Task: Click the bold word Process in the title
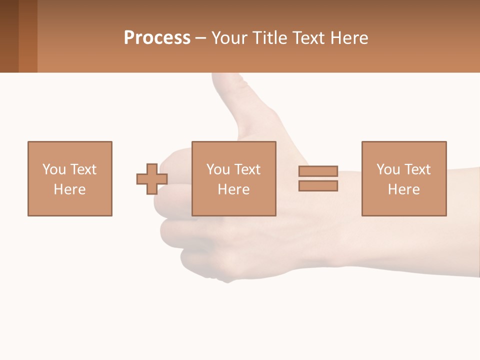[157, 38]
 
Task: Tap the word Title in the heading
[270, 38]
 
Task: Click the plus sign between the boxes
[152, 179]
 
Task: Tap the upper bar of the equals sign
[318, 171]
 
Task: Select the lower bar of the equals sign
[318, 185]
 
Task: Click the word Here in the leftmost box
[69, 189]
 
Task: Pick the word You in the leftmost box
[54, 169]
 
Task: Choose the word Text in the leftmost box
[83, 169]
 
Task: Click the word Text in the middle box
[247, 169]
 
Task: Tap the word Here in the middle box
[233, 189]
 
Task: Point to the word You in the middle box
[218, 169]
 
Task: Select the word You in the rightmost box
[388, 169]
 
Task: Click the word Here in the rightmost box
[403, 189]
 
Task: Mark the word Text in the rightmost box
[417, 169]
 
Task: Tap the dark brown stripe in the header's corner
[9, 36]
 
